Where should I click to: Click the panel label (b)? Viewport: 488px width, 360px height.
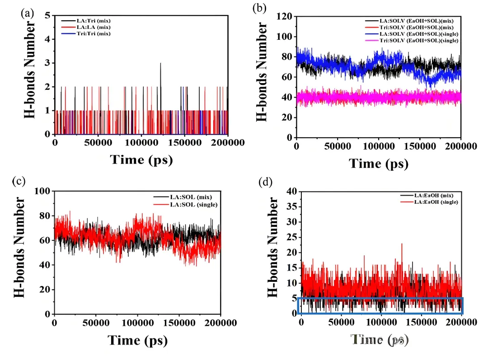coord(259,9)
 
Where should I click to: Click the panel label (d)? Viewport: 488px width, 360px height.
coord(264,182)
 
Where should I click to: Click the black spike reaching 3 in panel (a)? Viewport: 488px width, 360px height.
coord(160,64)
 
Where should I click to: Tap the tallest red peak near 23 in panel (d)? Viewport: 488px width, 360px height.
coord(402,244)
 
